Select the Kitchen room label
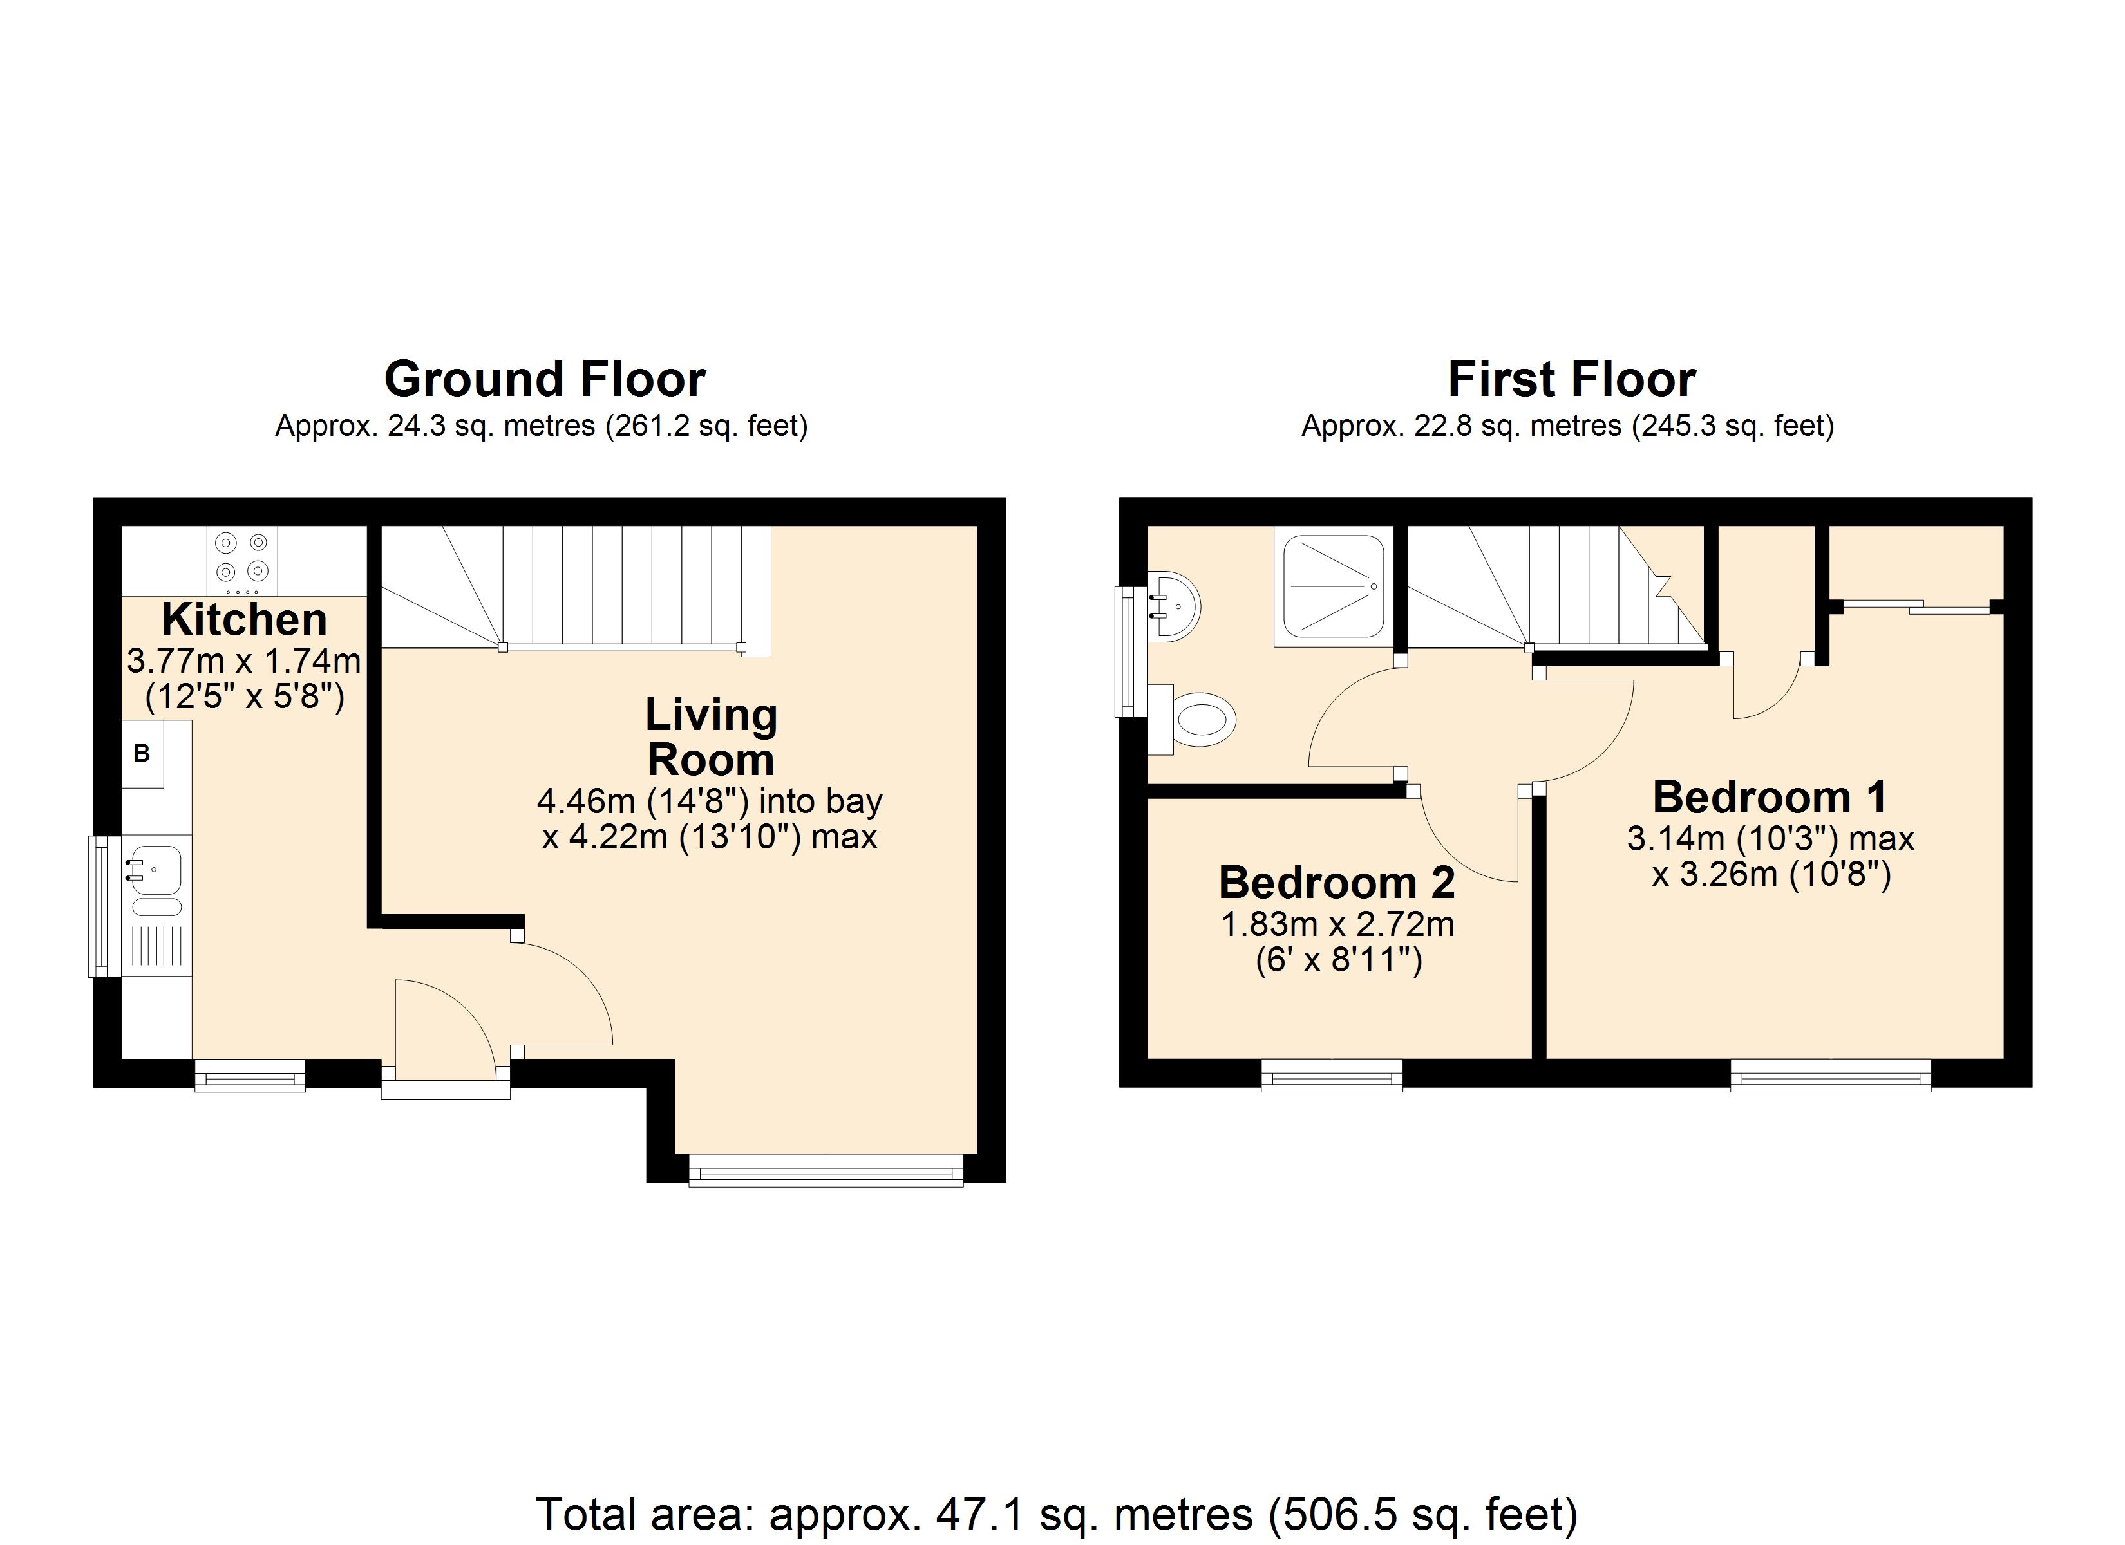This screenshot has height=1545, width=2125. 245,619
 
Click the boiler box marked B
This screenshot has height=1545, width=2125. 142,753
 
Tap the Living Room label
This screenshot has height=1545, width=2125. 711,737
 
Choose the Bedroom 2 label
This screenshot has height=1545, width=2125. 1337,883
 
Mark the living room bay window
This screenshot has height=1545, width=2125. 826,1170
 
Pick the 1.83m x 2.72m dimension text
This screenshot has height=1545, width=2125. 1337,926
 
